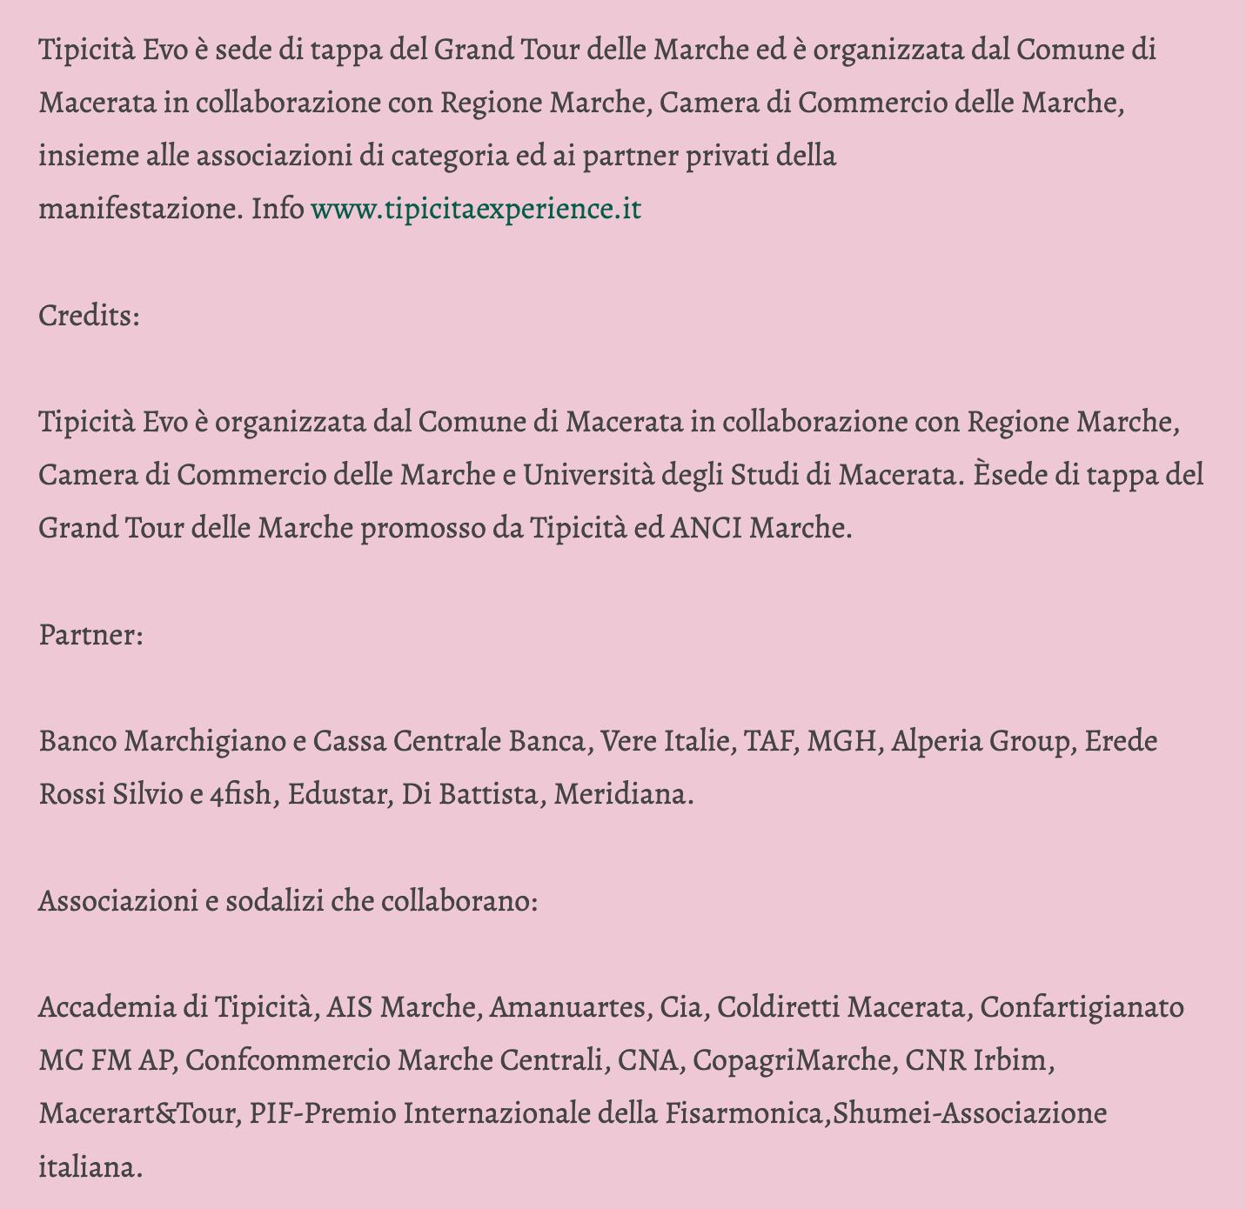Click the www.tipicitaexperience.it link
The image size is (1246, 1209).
tap(475, 210)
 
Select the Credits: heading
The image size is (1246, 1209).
tap(89, 316)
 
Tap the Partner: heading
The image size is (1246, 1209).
tap(90, 635)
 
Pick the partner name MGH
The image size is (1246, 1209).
tap(841, 742)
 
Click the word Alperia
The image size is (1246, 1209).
tap(941, 742)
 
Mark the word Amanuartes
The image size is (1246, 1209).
tap(568, 1008)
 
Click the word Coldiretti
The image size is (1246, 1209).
tap(777, 1008)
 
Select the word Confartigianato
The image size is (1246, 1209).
tap(1082, 1008)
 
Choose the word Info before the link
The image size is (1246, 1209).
tap(278, 210)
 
